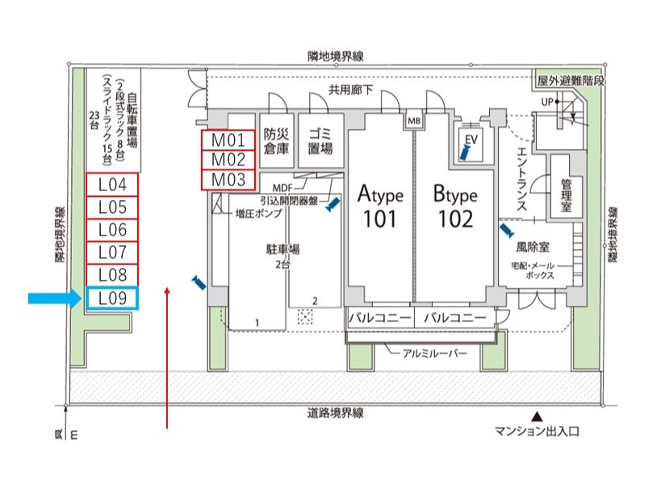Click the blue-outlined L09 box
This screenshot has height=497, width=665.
[112, 299]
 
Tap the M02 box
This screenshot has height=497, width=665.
[228, 159]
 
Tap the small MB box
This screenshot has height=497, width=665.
[414, 121]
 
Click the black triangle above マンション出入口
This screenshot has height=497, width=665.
[538, 416]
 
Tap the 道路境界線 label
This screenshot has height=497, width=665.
[334, 413]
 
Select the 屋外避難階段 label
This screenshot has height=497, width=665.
[571, 81]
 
